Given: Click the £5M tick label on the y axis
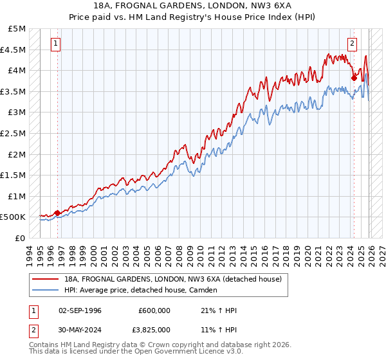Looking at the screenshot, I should click(x=17, y=29).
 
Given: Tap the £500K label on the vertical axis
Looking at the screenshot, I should click(x=14, y=217).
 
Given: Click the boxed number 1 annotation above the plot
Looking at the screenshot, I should click(x=56, y=44).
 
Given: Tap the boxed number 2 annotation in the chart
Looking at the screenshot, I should click(x=353, y=44).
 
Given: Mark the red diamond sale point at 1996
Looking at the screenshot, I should click(x=57, y=213).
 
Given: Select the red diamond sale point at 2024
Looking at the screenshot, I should click(x=354, y=78).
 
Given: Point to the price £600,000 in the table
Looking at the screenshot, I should click(x=154, y=310).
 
